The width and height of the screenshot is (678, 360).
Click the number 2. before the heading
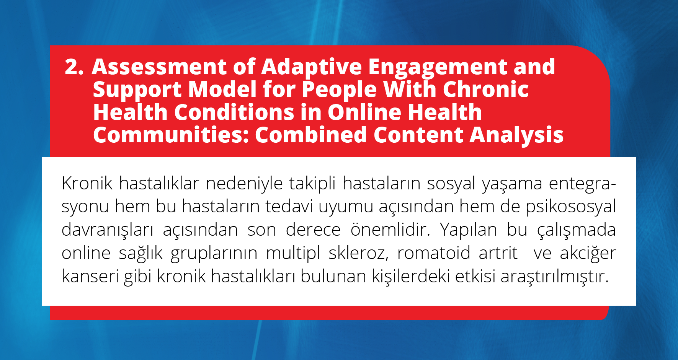(74, 67)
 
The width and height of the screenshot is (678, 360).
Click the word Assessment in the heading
(159, 67)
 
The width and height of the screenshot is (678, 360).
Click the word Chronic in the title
(485, 90)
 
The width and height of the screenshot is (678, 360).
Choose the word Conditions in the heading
(234, 112)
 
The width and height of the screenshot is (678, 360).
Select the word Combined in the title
(311, 135)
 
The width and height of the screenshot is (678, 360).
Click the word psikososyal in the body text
(570, 207)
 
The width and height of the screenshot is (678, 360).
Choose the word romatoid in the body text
(434, 253)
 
